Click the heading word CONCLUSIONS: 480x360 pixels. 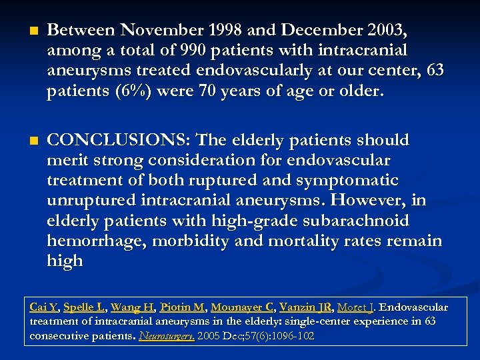pyautogui.click(x=119, y=140)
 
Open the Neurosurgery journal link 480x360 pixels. pyautogui.click(x=167, y=335)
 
